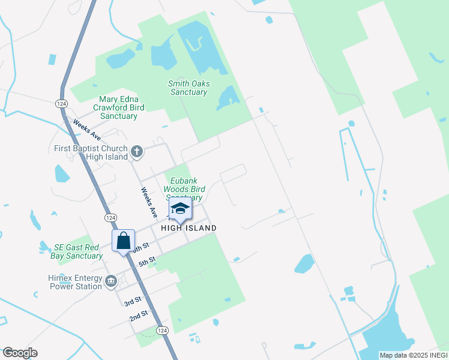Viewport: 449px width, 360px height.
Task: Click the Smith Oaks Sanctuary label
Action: [x=189, y=88]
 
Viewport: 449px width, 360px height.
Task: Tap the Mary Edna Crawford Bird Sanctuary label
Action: [x=119, y=107]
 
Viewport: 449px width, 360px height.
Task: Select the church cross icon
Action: [x=137, y=152]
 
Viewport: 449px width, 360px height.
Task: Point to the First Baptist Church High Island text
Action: [x=89, y=152]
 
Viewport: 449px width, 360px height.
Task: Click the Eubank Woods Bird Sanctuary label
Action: [x=184, y=188]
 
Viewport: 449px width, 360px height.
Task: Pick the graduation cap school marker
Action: [x=179, y=209]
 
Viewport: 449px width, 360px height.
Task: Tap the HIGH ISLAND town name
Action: [x=188, y=229]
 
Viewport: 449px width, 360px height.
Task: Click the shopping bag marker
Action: [x=123, y=241]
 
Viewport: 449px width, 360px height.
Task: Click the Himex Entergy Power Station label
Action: [x=75, y=282]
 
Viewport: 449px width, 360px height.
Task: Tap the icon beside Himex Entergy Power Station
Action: [x=110, y=281]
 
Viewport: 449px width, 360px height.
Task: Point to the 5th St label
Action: [x=147, y=262]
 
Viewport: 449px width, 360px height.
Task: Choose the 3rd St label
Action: [x=133, y=301]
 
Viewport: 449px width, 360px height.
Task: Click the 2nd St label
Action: [x=139, y=316]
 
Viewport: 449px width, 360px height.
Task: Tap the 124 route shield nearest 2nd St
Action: [x=162, y=331]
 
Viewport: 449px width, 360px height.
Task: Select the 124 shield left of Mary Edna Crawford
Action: [x=62, y=104]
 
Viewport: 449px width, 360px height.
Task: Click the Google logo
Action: [x=20, y=353]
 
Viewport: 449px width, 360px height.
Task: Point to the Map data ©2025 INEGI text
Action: [x=413, y=355]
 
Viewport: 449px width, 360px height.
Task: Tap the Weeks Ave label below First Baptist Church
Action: [x=149, y=203]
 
